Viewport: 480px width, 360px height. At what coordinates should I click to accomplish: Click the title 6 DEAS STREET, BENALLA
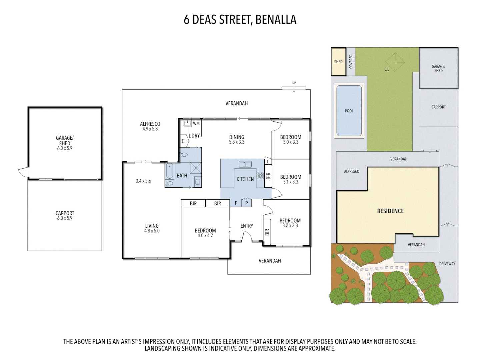click(240, 20)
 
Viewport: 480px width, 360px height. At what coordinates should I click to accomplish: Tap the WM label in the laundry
click(196, 123)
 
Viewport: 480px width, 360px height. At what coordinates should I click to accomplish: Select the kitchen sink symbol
click(245, 164)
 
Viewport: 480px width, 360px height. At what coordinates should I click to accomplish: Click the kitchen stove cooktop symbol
click(260, 176)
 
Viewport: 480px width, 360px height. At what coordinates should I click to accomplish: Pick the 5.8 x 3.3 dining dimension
click(237, 142)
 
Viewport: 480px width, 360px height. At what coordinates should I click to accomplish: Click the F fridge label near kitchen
click(236, 203)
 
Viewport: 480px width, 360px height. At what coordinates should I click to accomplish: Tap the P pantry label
click(246, 203)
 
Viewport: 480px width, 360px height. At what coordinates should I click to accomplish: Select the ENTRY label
click(247, 226)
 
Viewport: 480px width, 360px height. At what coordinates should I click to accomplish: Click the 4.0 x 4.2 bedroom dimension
click(205, 236)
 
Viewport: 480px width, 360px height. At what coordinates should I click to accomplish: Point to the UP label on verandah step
click(294, 83)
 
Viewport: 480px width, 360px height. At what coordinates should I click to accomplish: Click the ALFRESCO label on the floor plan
click(150, 124)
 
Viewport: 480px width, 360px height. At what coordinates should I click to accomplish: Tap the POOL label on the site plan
click(349, 111)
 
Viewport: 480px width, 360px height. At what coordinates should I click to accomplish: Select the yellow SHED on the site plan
click(338, 62)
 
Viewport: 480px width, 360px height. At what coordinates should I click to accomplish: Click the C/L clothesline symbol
click(395, 62)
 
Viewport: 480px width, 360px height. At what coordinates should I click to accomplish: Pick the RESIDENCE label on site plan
click(390, 211)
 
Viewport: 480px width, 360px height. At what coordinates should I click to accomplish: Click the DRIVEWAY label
click(447, 264)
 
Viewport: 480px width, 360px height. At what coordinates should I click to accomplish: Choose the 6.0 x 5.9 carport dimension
click(65, 218)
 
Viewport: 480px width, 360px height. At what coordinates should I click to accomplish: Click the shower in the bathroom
click(196, 168)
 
